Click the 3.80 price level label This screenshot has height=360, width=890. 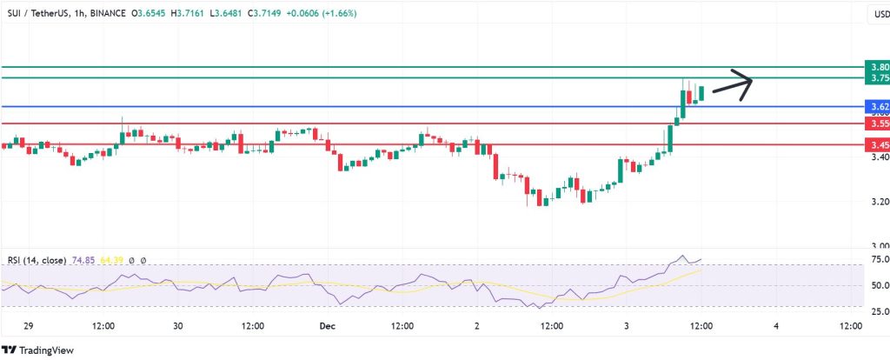pyautogui.click(x=878, y=67)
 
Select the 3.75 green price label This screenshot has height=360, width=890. pyautogui.click(x=878, y=78)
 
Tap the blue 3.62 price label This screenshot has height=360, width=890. pyautogui.click(x=878, y=107)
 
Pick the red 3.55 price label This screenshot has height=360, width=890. pyautogui.click(x=878, y=123)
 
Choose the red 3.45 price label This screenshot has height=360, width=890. pyautogui.click(x=878, y=144)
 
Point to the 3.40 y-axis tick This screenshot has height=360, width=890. pyautogui.click(x=878, y=157)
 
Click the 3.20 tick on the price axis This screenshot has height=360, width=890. pyautogui.click(x=878, y=203)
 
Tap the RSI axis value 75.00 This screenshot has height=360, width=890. pyautogui.click(x=878, y=259)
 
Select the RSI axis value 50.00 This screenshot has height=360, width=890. pyautogui.click(x=878, y=285)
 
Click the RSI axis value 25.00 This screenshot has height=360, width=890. pyautogui.click(x=878, y=310)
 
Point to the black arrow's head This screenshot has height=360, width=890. pyautogui.click(x=749, y=81)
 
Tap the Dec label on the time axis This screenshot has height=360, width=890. pyautogui.click(x=327, y=326)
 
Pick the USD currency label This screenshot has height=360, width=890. pyautogui.click(x=878, y=14)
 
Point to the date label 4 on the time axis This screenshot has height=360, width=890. pyautogui.click(x=775, y=326)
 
